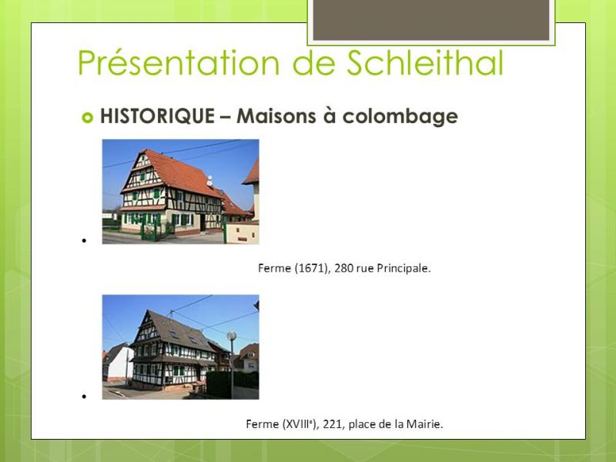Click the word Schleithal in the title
[x=425, y=62]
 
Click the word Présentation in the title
[x=179, y=62]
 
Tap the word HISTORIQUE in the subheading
[x=158, y=115]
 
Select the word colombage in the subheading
[x=400, y=116]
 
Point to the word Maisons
[x=276, y=115]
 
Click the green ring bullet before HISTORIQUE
[x=87, y=117]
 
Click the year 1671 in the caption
[x=311, y=268]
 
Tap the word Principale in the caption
[x=402, y=268]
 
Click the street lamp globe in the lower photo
[x=232, y=336]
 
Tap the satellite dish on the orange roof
[x=209, y=181]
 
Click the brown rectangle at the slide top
[x=431, y=20]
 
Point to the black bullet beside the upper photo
[x=84, y=240]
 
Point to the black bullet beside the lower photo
[x=84, y=397]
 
